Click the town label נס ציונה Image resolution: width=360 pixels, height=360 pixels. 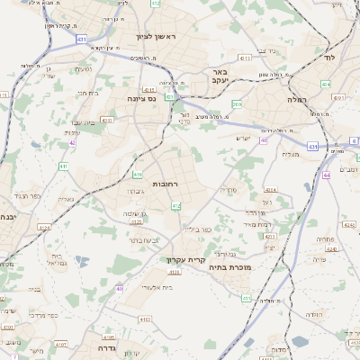point(141,98)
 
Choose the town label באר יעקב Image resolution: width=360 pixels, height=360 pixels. point(217,76)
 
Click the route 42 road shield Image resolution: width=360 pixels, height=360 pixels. point(72,141)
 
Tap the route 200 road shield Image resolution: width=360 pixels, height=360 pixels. point(236,105)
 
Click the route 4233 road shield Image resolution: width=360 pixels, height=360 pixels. point(269,237)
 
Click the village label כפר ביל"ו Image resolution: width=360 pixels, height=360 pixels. point(199,229)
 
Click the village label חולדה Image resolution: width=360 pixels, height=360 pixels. point(313,314)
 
